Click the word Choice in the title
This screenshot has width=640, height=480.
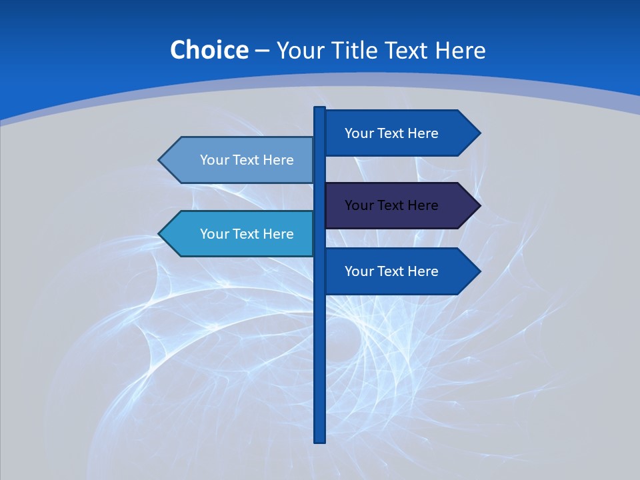(x=209, y=50)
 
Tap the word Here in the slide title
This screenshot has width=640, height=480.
(x=460, y=50)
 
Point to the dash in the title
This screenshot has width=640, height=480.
(x=262, y=51)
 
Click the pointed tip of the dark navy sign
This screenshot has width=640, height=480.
(x=479, y=205)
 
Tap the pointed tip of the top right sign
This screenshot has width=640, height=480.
(x=479, y=133)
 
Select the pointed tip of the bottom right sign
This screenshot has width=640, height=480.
(x=479, y=271)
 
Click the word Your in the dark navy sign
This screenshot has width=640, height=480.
(x=359, y=205)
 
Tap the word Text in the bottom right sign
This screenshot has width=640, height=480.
(x=391, y=271)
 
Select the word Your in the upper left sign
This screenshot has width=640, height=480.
(x=214, y=160)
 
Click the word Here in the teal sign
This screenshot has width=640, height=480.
(x=279, y=234)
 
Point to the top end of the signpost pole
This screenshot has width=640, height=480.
(x=320, y=109)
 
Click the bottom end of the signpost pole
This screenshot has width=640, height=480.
(x=320, y=441)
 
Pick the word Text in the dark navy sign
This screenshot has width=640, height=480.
(x=391, y=205)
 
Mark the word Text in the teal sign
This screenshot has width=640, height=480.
(x=246, y=234)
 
